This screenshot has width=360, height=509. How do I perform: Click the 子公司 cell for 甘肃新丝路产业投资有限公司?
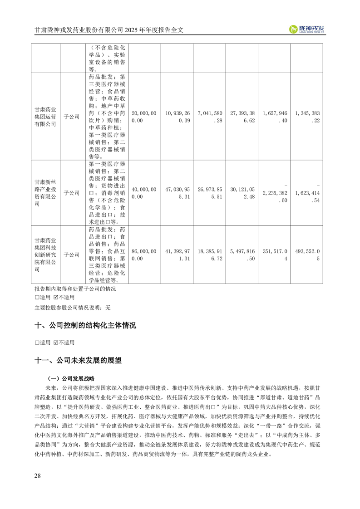(x=71, y=193)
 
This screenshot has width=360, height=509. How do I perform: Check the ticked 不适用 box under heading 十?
(x=56, y=343)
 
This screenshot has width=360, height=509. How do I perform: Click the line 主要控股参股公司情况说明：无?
(x=72, y=307)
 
